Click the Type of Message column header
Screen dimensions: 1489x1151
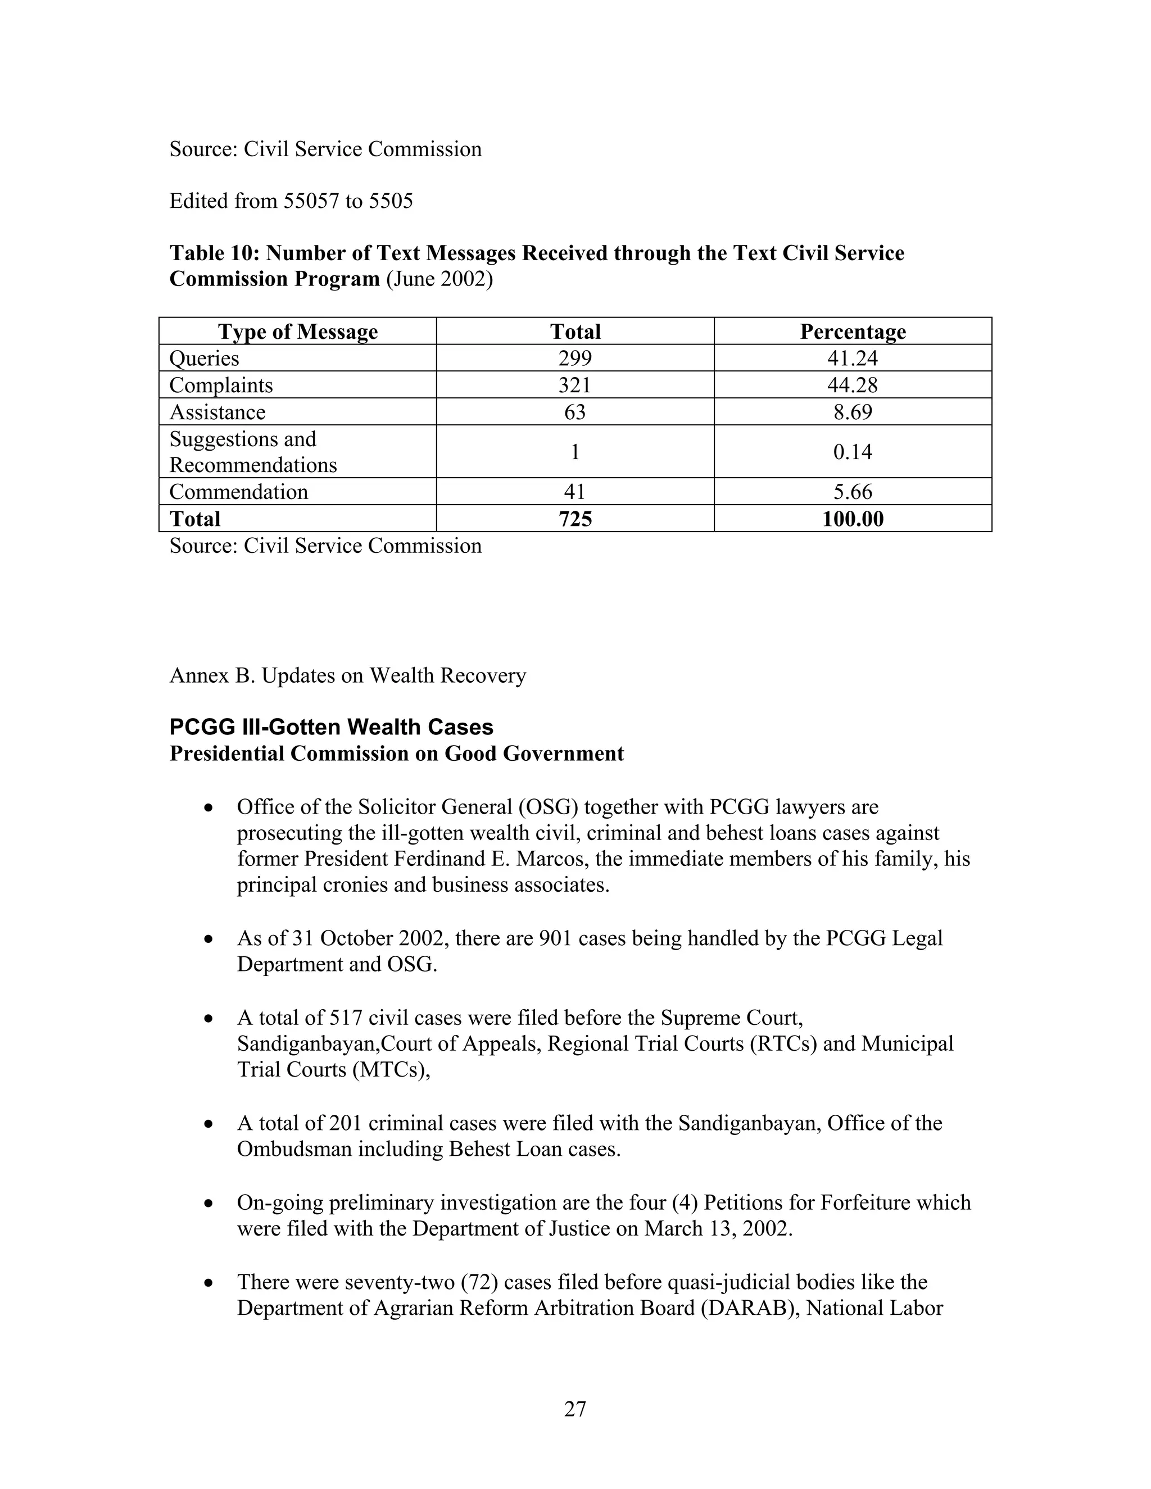297,332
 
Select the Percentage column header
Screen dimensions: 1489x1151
853,332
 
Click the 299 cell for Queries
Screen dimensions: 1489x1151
575,358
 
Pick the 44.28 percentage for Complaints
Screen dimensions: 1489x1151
853,385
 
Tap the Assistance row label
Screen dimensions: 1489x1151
217,412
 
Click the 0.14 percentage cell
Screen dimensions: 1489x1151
853,451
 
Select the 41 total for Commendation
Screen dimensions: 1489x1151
575,492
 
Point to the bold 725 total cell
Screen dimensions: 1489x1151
575,519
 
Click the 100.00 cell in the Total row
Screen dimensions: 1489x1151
853,519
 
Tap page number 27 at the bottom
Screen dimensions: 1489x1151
575,1409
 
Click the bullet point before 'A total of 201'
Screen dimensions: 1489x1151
209,1124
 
